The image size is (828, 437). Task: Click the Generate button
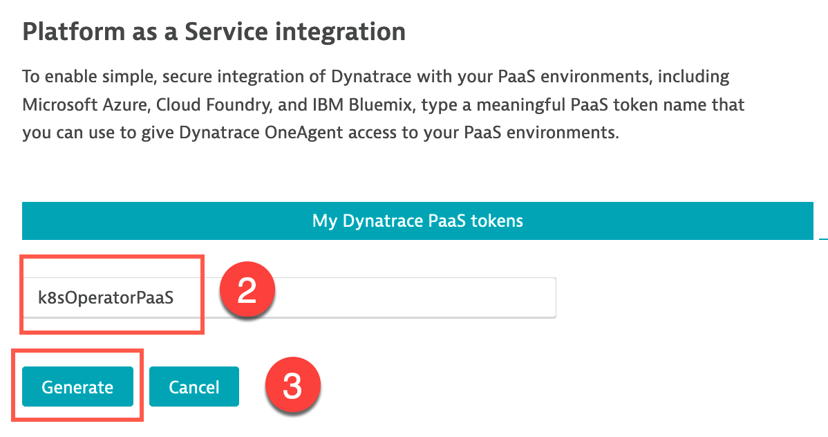pyautogui.click(x=77, y=387)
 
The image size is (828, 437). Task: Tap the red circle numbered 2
pyautogui.click(x=247, y=290)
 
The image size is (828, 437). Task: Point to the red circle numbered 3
pyautogui.click(x=292, y=385)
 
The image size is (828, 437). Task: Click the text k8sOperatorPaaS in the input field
pyautogui.click(x=106, y=297)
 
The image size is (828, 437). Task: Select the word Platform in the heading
pyautogui.click(x=73, y=32)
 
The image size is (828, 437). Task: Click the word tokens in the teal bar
pyautogui.click(x=497, y=221)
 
